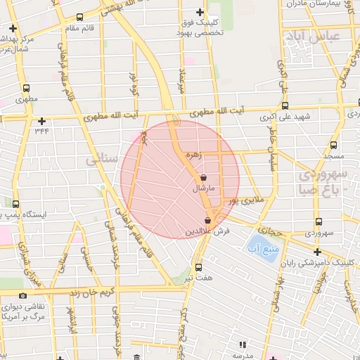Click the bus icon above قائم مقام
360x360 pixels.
79,17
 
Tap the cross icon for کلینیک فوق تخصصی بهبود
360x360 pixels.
200,12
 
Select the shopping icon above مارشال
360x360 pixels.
203,178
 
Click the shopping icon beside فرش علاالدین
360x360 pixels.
207,221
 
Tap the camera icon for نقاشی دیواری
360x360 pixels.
23,296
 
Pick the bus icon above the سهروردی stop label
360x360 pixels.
319,221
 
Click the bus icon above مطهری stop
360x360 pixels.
26,89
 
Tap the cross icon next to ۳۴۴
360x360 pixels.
41,120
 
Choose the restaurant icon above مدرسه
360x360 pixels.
243,345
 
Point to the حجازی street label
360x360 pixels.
271,229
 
